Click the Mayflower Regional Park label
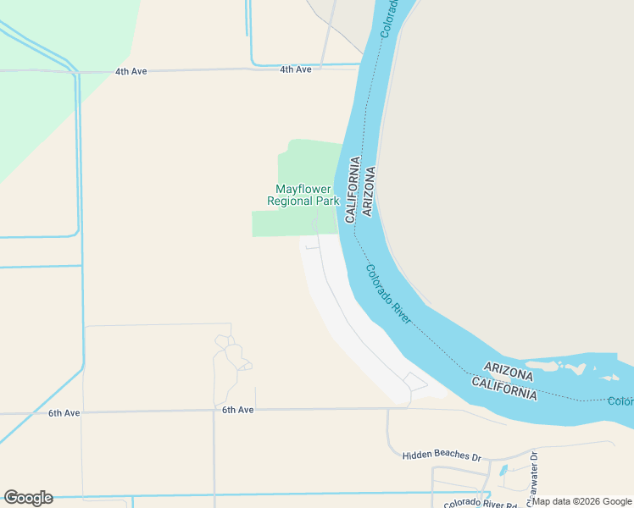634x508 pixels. [x=303, y=195]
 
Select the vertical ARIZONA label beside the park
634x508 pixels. [x=369, y=190]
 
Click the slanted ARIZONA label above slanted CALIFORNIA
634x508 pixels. [x=509, y=370]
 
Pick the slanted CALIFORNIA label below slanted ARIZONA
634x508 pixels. [x=503, y=389]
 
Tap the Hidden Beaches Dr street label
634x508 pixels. [x=441, y=456]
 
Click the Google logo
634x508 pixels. [x=28, y=498]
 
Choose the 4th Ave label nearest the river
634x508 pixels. [x=296, y=69]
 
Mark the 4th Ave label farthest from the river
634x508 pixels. [x=131, y=71]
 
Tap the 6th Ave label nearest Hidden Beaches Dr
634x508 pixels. [x=238, y=410]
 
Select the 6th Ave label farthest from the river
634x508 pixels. [x=64, y=413]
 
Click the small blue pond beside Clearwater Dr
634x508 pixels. [x=503, y=470]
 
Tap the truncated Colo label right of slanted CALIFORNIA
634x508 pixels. [x=620, y=401]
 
